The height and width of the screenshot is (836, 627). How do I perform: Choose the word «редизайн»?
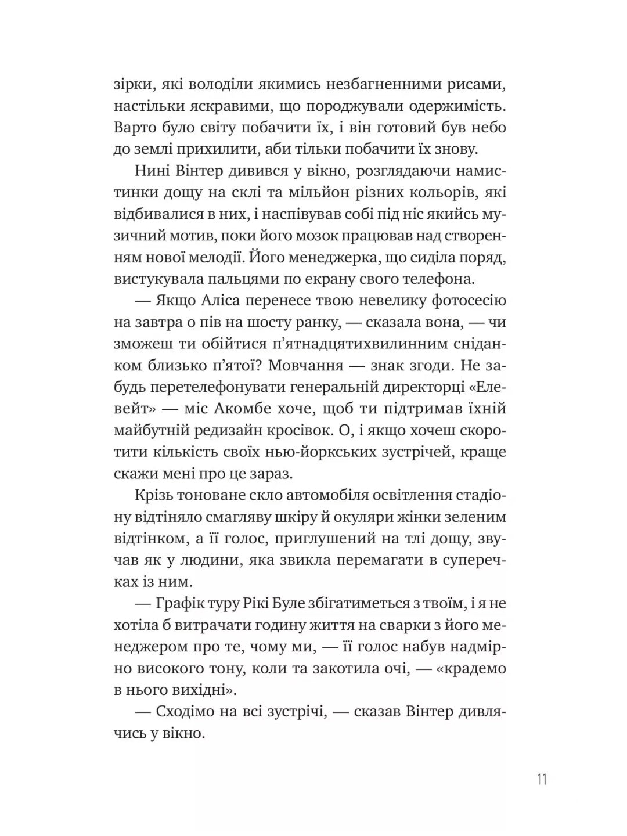click(x=244, y=430)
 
